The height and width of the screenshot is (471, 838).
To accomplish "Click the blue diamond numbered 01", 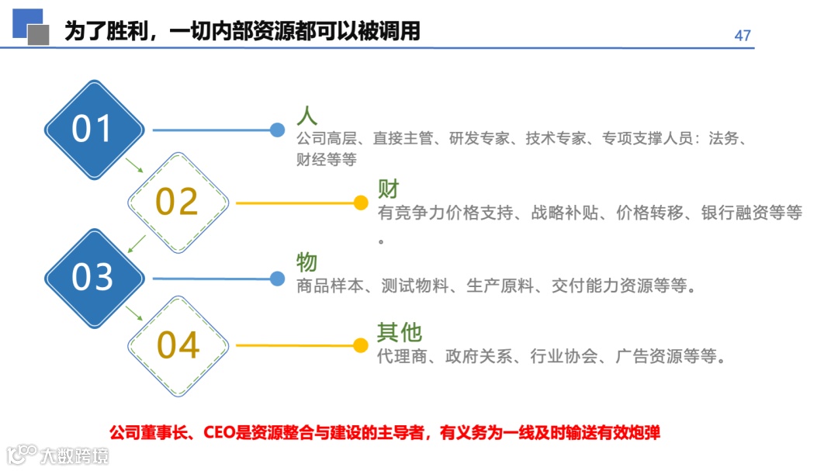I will (93, 130).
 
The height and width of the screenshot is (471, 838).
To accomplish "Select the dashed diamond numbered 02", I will (178, 202).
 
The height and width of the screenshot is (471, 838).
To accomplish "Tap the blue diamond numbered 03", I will (93, 277).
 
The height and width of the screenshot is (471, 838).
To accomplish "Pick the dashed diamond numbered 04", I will (178, 345).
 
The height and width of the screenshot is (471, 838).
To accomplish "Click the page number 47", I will (743, 36).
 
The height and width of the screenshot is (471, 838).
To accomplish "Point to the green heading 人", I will (307, 116).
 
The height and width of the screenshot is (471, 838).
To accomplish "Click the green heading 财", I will (388, 189).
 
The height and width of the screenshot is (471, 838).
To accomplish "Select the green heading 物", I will (307, 262).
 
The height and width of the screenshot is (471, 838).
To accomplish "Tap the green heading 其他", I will (400, 332).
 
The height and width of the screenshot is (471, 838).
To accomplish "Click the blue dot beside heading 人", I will (277, 130).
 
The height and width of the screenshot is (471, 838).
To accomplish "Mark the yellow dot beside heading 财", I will (360, 203).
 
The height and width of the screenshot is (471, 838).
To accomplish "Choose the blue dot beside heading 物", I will (277, 278).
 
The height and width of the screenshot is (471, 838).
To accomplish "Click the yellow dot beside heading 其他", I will (360, 345).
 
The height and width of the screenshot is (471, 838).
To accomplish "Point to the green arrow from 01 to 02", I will (134, 165).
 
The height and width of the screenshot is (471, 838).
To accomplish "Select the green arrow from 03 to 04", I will (134, 312).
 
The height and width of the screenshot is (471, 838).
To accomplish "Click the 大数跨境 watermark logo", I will (57, 454).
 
